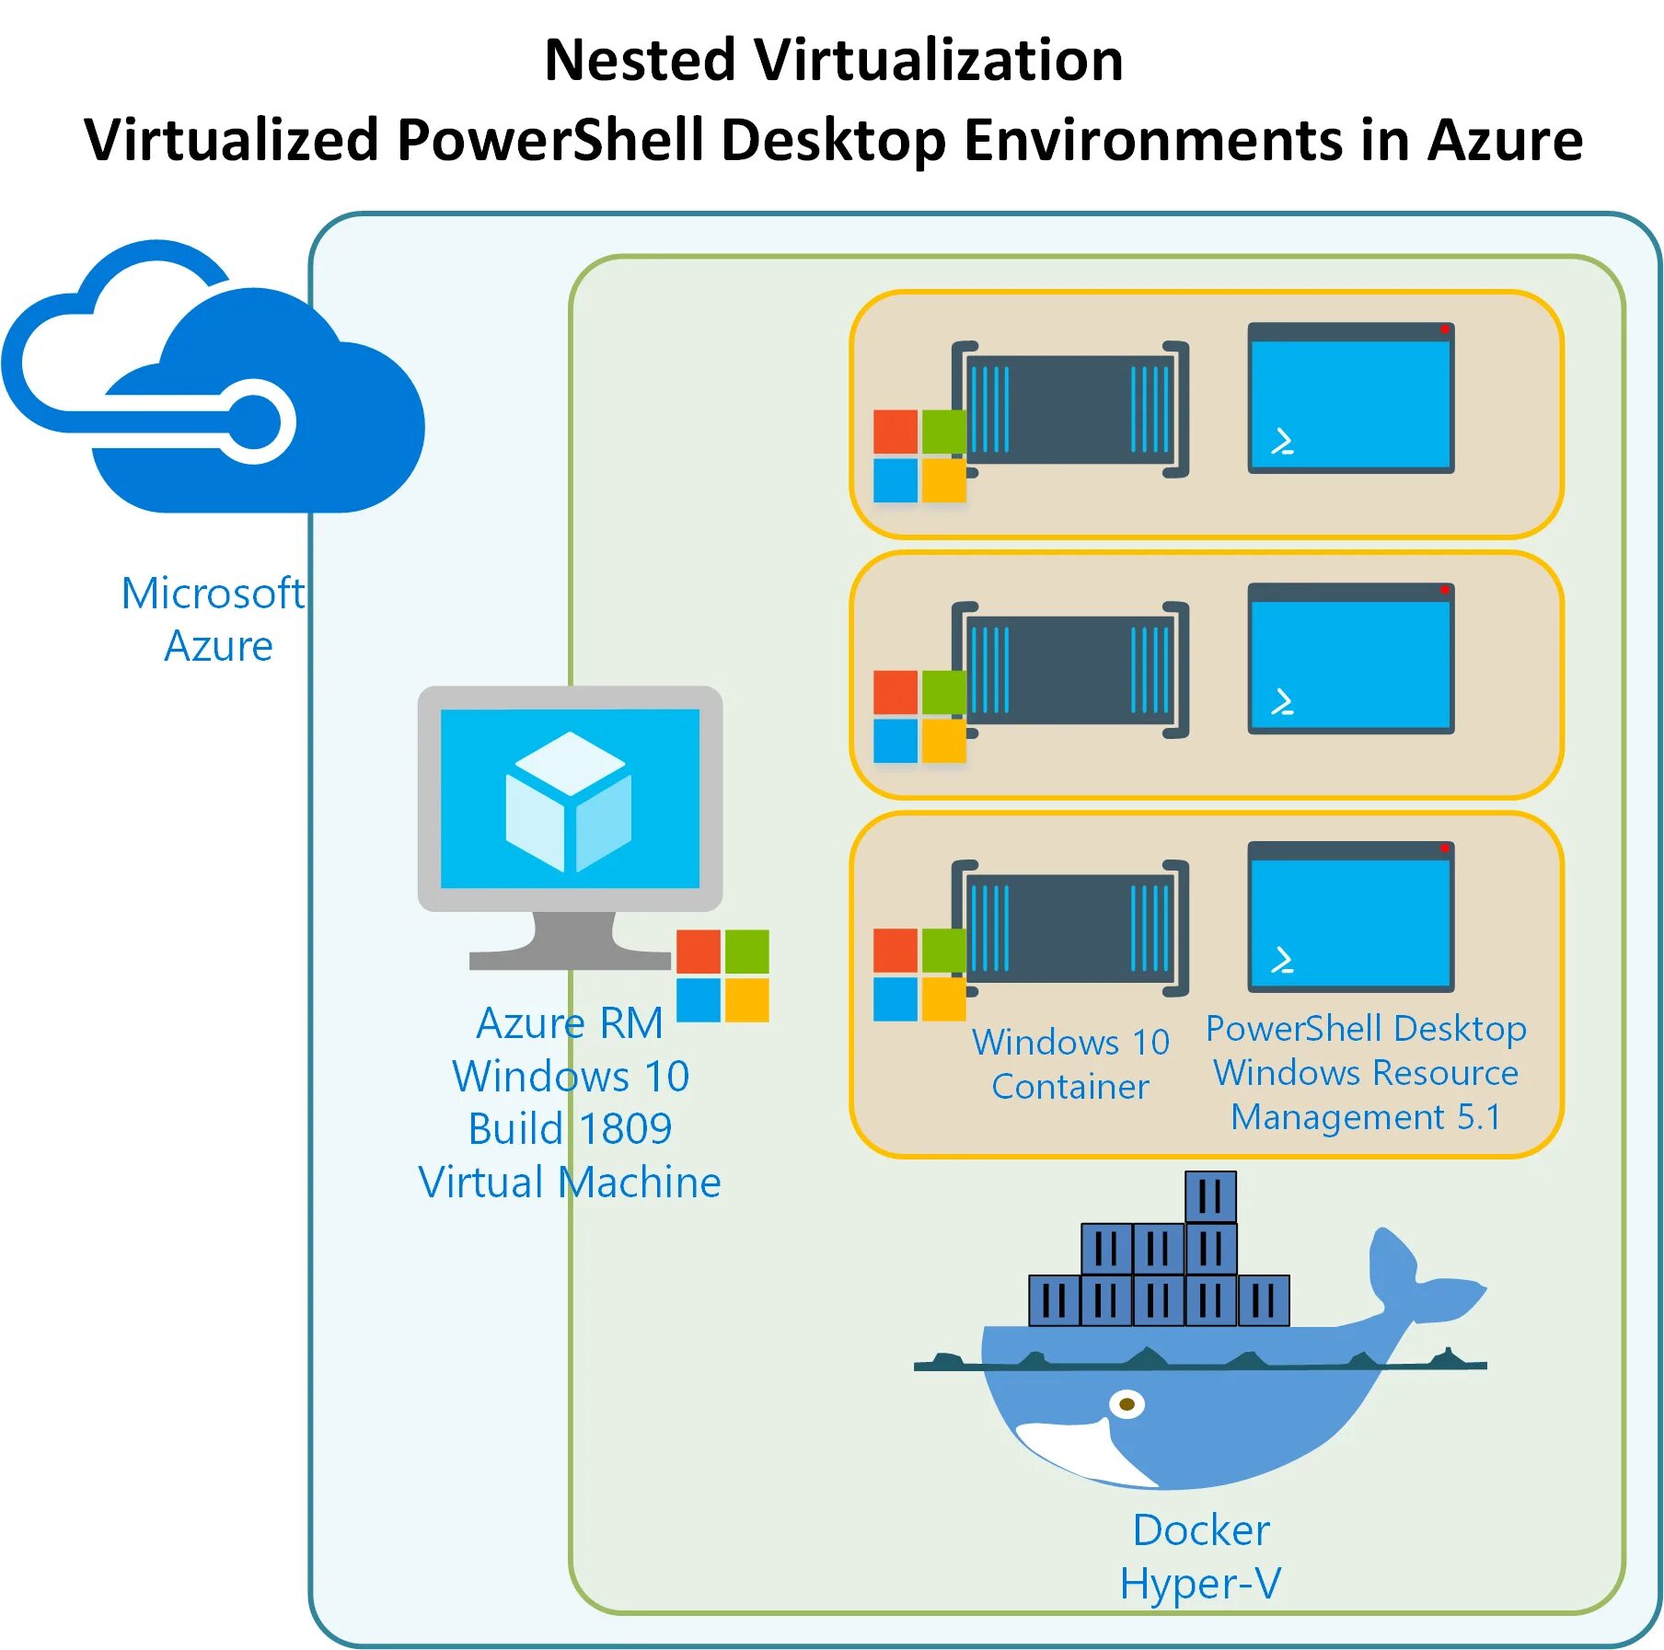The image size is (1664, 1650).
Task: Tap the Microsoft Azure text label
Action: pos(214,618)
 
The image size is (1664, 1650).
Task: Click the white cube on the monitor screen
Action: pos(569,801)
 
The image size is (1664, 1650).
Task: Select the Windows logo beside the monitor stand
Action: pos(722,975)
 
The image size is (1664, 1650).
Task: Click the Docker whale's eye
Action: pos(1127,1404)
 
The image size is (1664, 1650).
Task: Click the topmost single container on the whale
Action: pos(1210,1196)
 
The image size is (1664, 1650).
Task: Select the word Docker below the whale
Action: pos(1201,1530)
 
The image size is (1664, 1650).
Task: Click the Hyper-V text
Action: pos(1201,1584)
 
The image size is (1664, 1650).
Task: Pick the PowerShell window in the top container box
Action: pos(1350,398)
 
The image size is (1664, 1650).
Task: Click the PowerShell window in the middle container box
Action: pos(1350,658)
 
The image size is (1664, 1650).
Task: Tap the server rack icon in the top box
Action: pos(1070,410)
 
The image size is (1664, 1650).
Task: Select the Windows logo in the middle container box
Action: pos(919,717)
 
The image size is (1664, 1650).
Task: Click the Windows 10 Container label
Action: pos(1070,1064)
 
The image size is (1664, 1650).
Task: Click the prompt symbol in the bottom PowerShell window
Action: pos(1282,961)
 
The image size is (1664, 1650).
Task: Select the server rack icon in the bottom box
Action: pos(1070,929)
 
